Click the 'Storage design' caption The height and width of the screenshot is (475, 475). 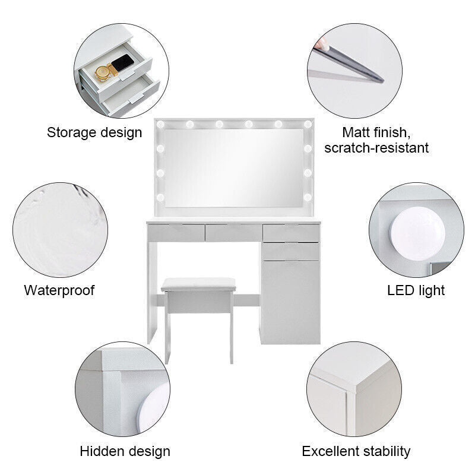[94, 132]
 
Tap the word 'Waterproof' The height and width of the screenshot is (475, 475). [59, 290]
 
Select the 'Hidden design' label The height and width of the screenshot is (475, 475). [125, 451]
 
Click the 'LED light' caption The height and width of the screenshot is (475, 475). [416, 290]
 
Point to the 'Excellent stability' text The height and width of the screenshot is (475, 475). [356, 451]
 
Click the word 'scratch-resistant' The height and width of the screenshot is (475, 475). [376, 148]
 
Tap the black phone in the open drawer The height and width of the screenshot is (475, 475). [122, 63]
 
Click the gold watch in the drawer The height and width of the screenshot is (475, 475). [103, 73]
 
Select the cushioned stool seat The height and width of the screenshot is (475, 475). [198, 285]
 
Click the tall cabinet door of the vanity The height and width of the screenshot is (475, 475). [290, 302]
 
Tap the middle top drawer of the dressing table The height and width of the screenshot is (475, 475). [233, 233]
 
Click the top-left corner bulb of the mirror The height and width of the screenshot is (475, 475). [160, 124]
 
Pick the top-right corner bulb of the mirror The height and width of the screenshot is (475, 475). [308, 124]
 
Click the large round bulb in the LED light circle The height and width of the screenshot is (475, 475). [417, 234]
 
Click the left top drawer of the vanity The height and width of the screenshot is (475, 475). [176, 233]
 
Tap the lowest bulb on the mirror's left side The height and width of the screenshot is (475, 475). [160, 198]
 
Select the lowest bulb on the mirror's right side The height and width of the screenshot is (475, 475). [308, 198]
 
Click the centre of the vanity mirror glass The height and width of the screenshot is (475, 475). [234, 168]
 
